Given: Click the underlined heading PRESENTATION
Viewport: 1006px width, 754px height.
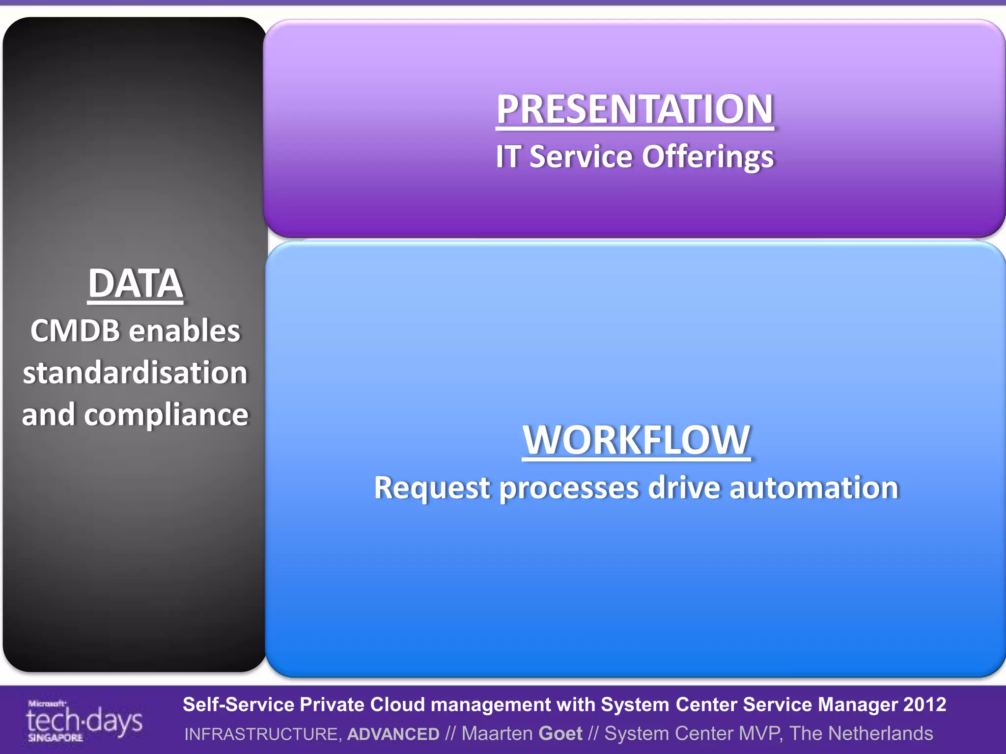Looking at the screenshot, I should [635, 109].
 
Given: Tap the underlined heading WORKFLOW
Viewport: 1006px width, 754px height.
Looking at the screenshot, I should [636, 440].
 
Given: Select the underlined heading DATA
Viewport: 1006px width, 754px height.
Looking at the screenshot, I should [136, 283].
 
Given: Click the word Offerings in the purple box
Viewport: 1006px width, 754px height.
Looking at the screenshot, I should [708, 157].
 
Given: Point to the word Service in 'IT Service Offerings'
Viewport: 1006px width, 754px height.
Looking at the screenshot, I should [581, 157].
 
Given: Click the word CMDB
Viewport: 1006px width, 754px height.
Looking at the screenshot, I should [75, 330].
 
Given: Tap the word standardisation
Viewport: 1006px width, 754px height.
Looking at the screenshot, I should [136, 373].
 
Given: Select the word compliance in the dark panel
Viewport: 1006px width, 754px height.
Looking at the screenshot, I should [166, 415].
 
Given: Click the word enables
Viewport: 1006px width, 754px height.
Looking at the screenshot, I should [184, 330].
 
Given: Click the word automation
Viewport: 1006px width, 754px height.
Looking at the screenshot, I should [814, 488].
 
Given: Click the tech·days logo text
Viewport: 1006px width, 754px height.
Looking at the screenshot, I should [84, 721].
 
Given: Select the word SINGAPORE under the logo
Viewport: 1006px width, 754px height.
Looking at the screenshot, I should [55, 738].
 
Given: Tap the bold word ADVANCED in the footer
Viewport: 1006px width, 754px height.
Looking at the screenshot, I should [393, 734].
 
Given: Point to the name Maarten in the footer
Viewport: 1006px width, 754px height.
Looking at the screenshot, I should [497, 733].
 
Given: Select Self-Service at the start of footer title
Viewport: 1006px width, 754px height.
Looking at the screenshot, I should [238, 704].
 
